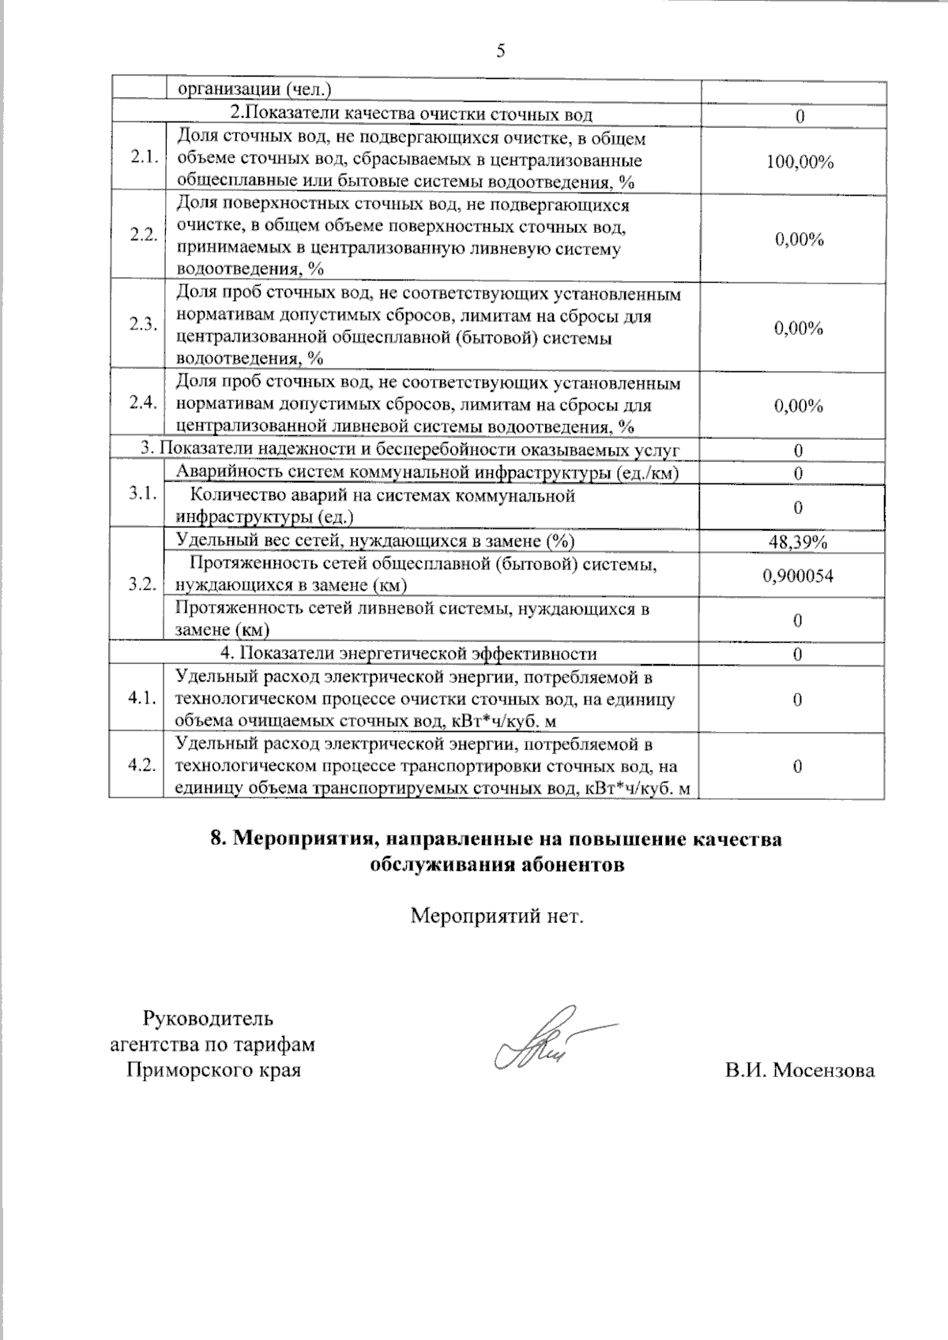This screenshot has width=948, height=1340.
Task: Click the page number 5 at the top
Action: point(499,52)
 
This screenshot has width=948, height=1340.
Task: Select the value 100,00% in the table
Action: point(799,162)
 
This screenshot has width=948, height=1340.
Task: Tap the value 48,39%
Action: point(798,542)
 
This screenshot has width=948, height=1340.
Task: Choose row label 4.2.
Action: point(142,766)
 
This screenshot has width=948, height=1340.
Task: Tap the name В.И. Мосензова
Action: point(799,1071)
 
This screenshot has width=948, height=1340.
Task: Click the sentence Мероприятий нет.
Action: point(498,917)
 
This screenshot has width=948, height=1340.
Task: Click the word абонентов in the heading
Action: point(571,865)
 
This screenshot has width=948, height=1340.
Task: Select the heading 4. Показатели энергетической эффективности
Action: point(408,654)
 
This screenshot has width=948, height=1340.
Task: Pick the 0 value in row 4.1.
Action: point(798,700)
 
